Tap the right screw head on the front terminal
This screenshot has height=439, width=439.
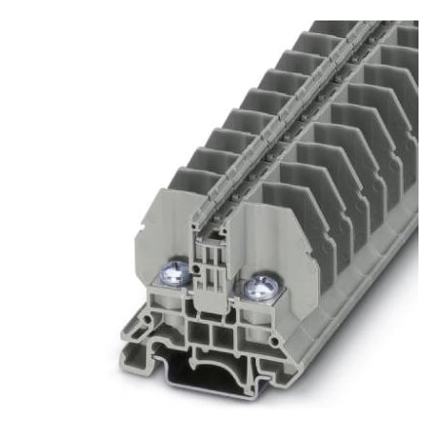[259, 286]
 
